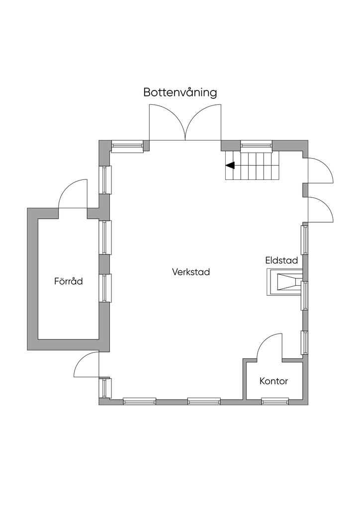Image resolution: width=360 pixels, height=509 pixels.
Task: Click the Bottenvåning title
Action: pyautogui.click(x=180, y=92)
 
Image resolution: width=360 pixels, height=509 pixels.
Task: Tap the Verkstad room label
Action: pyautogui.click(x=191, y=272)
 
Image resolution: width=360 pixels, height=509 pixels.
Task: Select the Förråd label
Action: pyautogui.click(x=68, y=281)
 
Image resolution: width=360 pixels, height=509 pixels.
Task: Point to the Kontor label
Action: pyautogui.click(x=273, y=381)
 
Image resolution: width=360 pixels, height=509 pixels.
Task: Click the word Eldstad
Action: pyautogui.click(x=281, y=260)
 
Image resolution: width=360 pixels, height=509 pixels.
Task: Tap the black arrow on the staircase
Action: pyautogui.click(x=230, y=166)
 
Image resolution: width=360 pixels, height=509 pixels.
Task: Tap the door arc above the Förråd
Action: pyautogui.click(x=73, y=193)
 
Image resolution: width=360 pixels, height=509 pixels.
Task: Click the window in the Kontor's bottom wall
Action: pyautogui.click(x=275, y=401)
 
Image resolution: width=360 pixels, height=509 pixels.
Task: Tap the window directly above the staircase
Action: pyautogui.click(x=256, y=145)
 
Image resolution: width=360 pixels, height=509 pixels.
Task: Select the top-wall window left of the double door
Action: pyautogui.click(x=127, y=145)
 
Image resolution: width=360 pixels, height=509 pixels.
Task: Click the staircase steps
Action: pyautogui.click(x=254, y=166)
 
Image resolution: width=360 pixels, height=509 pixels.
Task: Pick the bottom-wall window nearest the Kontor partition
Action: pyautogui.click(x=204, y=401)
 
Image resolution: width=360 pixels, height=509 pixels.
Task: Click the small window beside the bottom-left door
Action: pyautogui.click(x=105, y=388)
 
